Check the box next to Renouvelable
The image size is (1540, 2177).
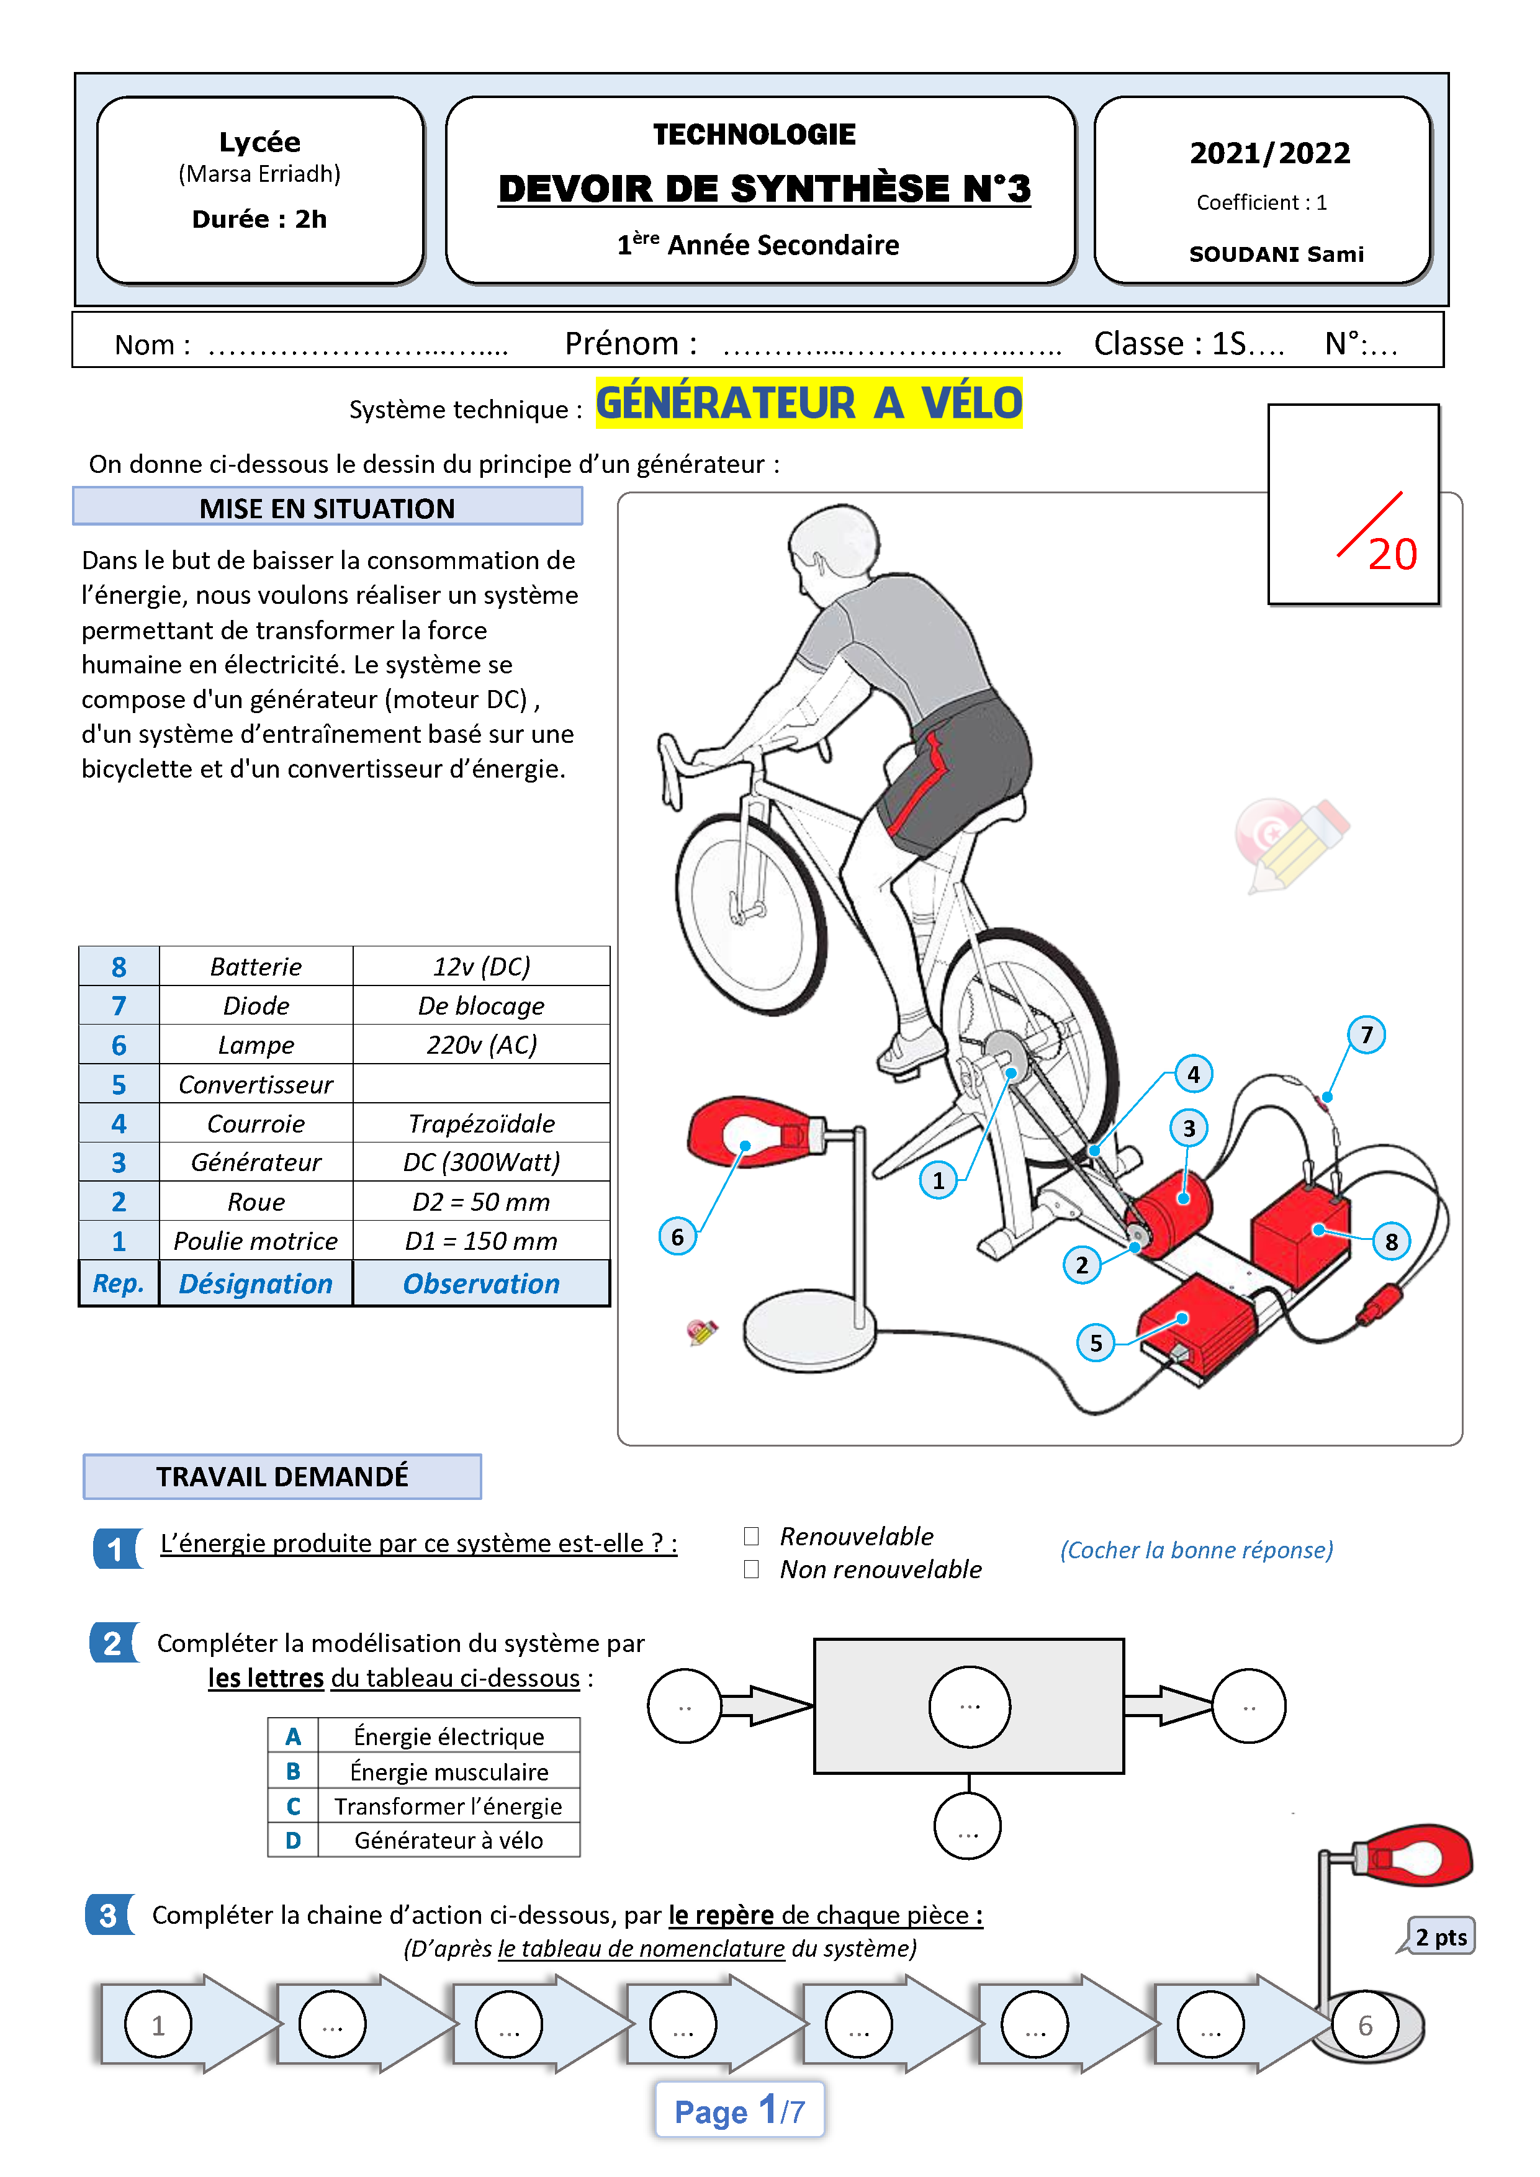pyautogui.click(x=751, y=1535)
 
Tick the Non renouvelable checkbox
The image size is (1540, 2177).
pyautogui.click(x=751, y=1569)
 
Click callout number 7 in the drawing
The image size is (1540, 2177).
pyautogui.click(x=1366, y=1035)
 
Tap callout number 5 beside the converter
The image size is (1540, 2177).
pyautogui.click(x=1096, y=1342)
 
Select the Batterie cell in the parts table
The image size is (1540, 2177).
pyautogui.click(x=255, y=966)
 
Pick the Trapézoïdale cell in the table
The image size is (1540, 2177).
pyautogui.click(x=481, y=1124)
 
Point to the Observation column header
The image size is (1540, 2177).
pyautogui.click(x=481, y=1284)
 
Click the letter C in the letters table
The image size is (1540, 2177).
pyautogui.click(x=293, y=1807)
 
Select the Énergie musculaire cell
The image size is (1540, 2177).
pyautogui.click(x=449, y=1772)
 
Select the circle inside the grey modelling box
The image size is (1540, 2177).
pyautogui.click(x=969, y=1706)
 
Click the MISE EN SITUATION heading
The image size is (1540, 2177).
pyautogui.click(x=327, y=508)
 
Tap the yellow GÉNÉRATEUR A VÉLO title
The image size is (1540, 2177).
pyautogui.click(x=809, y=403)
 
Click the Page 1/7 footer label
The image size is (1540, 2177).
pyautogui.click(x=739, y=2111)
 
